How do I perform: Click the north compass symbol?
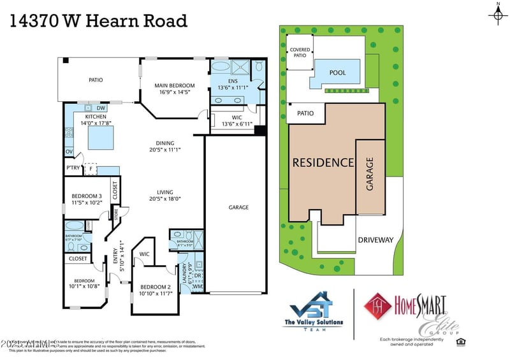click(497, 15)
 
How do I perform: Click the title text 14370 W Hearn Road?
click(98, 21)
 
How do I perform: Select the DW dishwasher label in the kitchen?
click(101, 108)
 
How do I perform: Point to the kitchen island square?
click(104, 136)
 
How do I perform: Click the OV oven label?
click(69, 152)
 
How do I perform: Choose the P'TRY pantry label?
click(73, 168)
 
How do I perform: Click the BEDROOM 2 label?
click(155, 287)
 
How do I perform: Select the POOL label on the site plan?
click(337, 73)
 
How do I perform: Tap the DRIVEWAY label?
click(375, 240)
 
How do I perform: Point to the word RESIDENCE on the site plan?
click(323, 162)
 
